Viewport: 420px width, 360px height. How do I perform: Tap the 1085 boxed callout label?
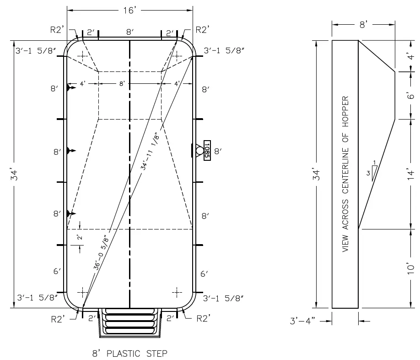coord(207,150)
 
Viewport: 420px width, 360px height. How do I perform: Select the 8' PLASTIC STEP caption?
coord(129,353)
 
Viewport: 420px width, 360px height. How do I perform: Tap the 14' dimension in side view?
coord(411,174)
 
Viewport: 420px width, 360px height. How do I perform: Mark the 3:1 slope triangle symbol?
coord(374,171)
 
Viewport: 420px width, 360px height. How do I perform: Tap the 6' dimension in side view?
coord(411,95)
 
